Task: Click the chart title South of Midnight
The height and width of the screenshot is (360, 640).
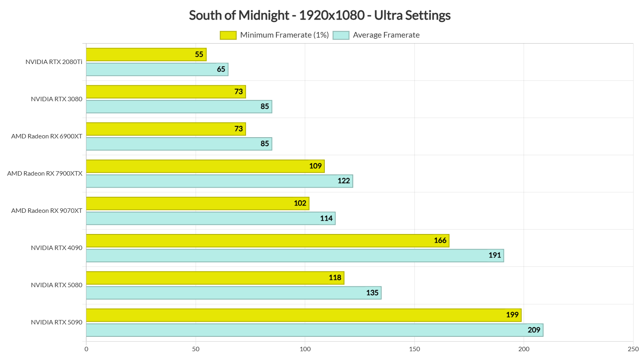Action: [320, 15]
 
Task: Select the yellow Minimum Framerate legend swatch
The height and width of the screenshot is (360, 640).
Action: [228, 35]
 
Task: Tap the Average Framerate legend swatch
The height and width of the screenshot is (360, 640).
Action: [341, 35]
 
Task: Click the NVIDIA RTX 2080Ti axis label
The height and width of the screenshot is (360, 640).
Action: [54, 62]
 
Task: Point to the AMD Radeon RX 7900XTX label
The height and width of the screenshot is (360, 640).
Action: [45, 174]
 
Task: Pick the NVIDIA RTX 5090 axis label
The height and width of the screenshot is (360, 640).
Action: [56, 322]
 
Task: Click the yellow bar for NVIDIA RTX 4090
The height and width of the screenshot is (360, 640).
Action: [267, 241]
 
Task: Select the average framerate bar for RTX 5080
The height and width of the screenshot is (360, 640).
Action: [234, 293]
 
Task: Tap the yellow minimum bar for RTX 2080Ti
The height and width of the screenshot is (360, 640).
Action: [146, 55]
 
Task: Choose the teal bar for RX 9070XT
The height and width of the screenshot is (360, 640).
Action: [210, 218]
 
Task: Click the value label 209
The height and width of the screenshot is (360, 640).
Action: [534, 330]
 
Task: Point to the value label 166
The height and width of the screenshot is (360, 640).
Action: [440, 240]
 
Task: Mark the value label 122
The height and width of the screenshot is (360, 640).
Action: [344, 181]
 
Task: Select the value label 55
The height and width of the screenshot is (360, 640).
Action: [199, 54]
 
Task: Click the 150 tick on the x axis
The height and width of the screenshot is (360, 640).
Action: [414, 349]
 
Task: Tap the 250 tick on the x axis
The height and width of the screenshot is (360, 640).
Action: [633, 349]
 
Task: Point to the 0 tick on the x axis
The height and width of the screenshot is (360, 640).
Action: [86, 349]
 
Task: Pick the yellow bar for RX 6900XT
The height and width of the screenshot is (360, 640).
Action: [166, 129]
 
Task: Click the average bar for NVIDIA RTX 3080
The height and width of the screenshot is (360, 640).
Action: [179, 107]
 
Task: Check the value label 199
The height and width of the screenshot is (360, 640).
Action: [512, 315]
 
